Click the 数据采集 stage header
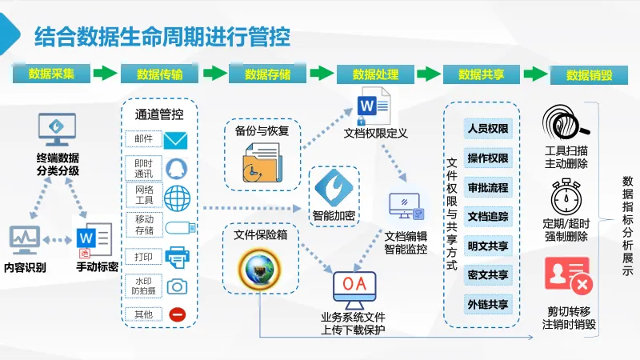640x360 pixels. tap(52, 74)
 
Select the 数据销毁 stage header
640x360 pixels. tap(589, 75)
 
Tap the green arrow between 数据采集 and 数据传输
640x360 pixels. tap(106, 74)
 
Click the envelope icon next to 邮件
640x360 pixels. tap(175, 141)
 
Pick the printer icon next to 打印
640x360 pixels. tap(177, 257)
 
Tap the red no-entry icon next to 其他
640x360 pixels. tap(178, 314)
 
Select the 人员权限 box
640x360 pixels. tap(488, 129)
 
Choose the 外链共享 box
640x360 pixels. tap(488, 304)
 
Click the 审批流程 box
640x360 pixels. tap(488, 187)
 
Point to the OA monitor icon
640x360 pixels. tap(354, 289)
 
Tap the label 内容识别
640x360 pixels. tap(25, 267)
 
